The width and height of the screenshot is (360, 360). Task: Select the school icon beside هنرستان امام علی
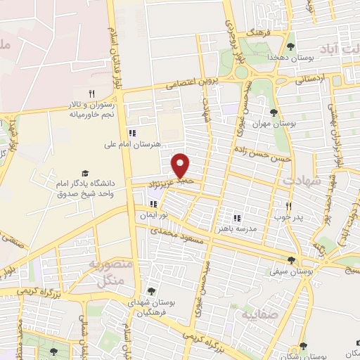point(131,133)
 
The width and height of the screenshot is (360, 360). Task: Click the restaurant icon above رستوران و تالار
point(91,94)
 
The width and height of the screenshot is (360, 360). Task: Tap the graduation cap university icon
point(85,172)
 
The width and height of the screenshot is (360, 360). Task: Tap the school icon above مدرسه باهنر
point(237,217)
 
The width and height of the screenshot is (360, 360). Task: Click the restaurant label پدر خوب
point(288,217)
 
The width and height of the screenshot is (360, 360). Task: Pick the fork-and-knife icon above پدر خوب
point(288,206)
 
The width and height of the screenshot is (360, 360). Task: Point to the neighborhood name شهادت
point(303,181)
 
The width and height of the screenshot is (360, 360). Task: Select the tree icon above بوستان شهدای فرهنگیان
point(151,290)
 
